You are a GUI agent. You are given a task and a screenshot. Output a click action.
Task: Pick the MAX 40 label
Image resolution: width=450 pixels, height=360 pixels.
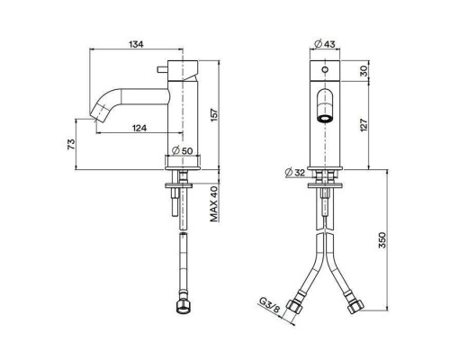tap(213, 204)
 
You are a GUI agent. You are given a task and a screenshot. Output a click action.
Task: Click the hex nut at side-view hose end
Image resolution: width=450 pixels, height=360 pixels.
tap(184, 310)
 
